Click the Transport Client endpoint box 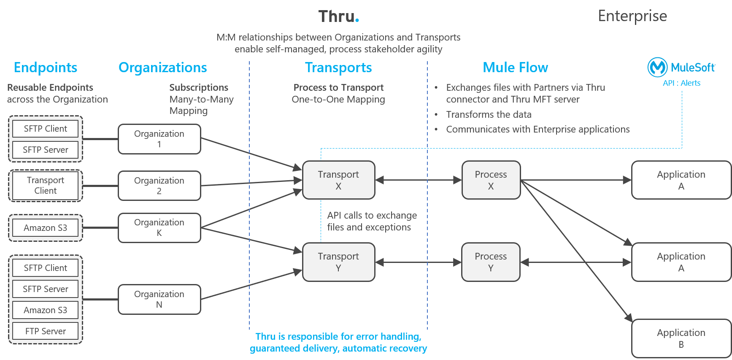[46, 186]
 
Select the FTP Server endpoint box [46, 331]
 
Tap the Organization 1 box [159, 139]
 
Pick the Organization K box [159, 228]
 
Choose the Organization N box [159, 300]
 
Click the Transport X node [338, 180]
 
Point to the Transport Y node [338, 262]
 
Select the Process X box [491, 180]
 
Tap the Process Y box [491, 262]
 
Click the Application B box [681, 338]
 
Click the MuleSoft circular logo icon [657, 67]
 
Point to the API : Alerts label [681, 83]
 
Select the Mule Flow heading [515, 68]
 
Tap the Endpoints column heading [46, 68]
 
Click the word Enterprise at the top [632, 16]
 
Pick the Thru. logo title [338, 16]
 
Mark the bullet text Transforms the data [489, 114]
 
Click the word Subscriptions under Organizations [199, 87]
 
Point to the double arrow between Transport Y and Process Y [418, 263]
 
